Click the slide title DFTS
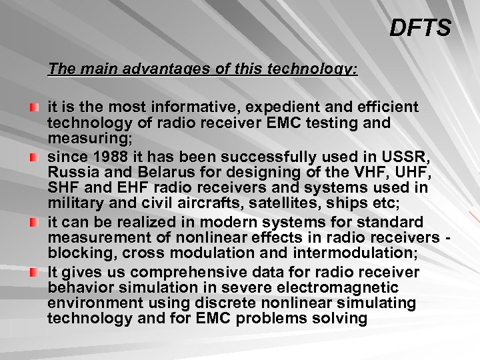[420, 28]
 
